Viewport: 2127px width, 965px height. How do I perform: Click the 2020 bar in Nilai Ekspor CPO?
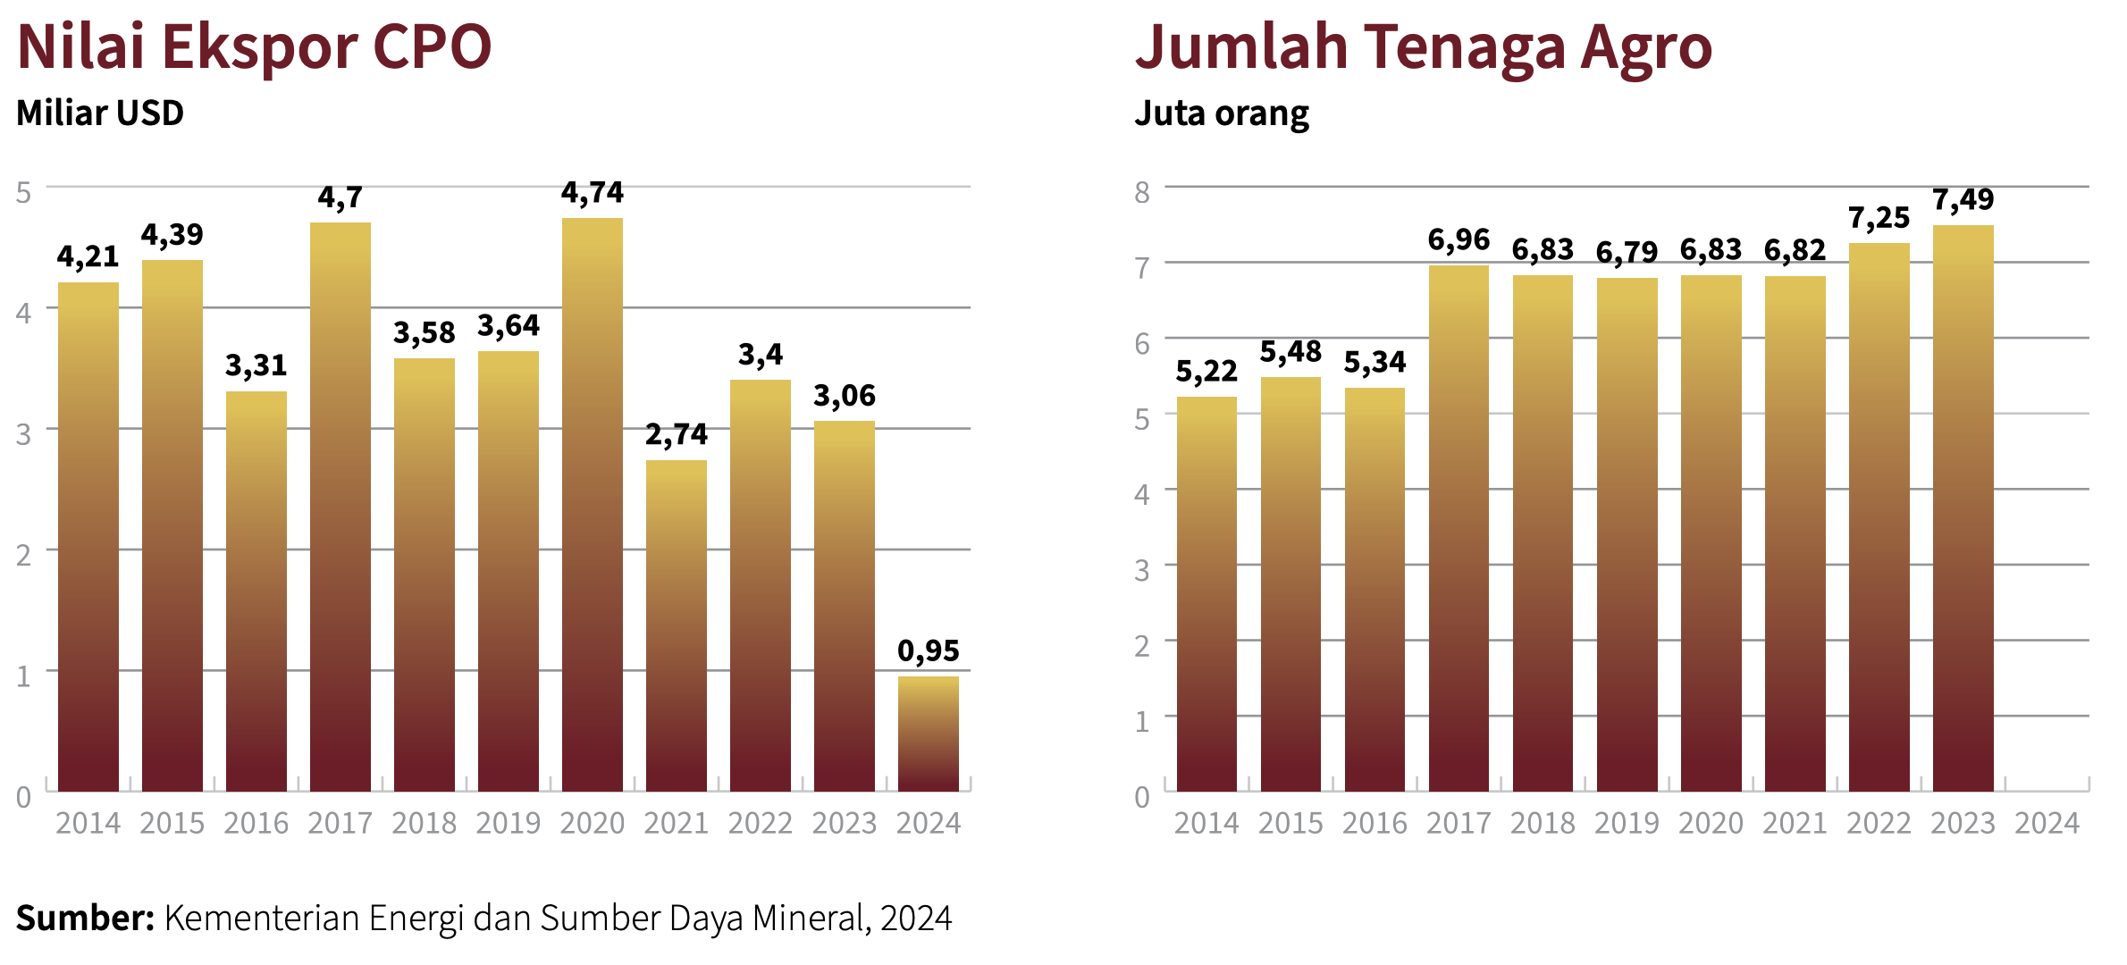pyautogui.click(x=593, y=505)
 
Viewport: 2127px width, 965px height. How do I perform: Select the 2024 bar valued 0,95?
pyautogui.click(x=929, y=734)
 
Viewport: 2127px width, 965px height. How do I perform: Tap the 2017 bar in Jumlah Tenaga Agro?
pyautogui.click(x=1459, y=528)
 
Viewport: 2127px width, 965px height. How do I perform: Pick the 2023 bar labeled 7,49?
pyautogui.click(x=1963, y=508)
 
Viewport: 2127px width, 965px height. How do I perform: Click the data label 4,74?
pyautogui.click(x=593, y=193)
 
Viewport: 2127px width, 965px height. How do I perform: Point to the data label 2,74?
pyautogui.click(x=677, y=435)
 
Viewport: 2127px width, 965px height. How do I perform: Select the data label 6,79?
pyautogui.click(x=1627, y=253)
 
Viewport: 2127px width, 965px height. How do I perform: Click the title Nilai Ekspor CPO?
pyautogui.click(x=255, y=46)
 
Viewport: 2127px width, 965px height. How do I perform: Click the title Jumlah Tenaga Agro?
pyautogui.click(x=1423, y=46)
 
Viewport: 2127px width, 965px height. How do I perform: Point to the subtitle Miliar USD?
pyautogui.click(x=100, y=113)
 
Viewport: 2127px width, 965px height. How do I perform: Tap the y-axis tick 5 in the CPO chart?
pyautogui.click(x=24, y=192)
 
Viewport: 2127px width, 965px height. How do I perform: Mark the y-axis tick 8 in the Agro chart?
pyautogui.click(x=1142, y=192)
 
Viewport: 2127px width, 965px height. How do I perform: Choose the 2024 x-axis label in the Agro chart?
pyautogui.click(x=2047, y=823)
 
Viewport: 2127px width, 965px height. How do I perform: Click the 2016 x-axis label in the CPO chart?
pyautogui.click(x=256, y=823)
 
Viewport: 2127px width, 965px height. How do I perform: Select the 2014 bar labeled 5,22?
pyautogui.click(x=1206, y=594)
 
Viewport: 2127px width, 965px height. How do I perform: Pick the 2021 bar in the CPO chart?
pyautogui.click(x=677, y=625)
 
